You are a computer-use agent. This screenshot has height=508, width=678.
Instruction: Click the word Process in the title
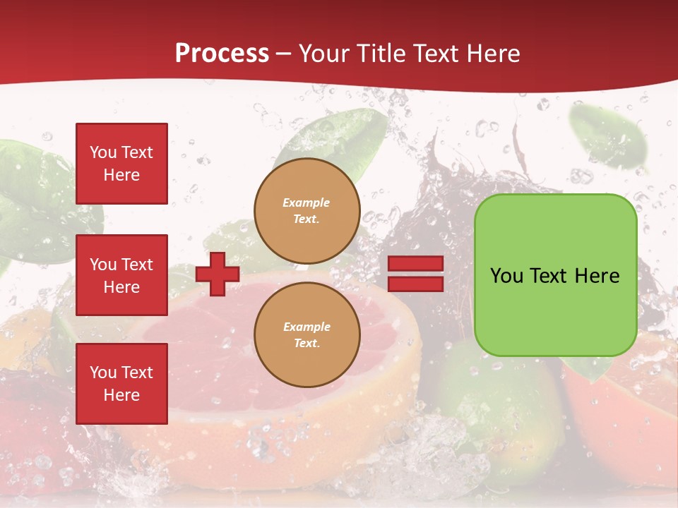point(222,54)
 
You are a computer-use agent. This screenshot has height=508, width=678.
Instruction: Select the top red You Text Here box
point(121,164)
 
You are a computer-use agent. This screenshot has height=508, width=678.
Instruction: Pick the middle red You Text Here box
point(121,275)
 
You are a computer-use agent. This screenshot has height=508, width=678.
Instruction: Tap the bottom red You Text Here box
point(121,384)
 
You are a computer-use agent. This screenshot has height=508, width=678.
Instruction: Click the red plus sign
point(218,274)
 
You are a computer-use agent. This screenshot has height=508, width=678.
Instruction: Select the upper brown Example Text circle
point(307,211)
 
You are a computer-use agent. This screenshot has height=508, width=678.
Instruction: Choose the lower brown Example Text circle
point(307,335)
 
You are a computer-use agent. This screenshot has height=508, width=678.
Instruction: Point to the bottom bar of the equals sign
point(415,284)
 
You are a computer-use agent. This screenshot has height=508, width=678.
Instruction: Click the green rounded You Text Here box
point(555,310)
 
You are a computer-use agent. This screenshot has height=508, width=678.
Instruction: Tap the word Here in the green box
point(597,276)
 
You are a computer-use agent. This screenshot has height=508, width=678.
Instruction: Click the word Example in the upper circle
point(307,203)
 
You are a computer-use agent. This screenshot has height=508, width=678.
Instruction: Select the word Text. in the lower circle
point(307,344)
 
